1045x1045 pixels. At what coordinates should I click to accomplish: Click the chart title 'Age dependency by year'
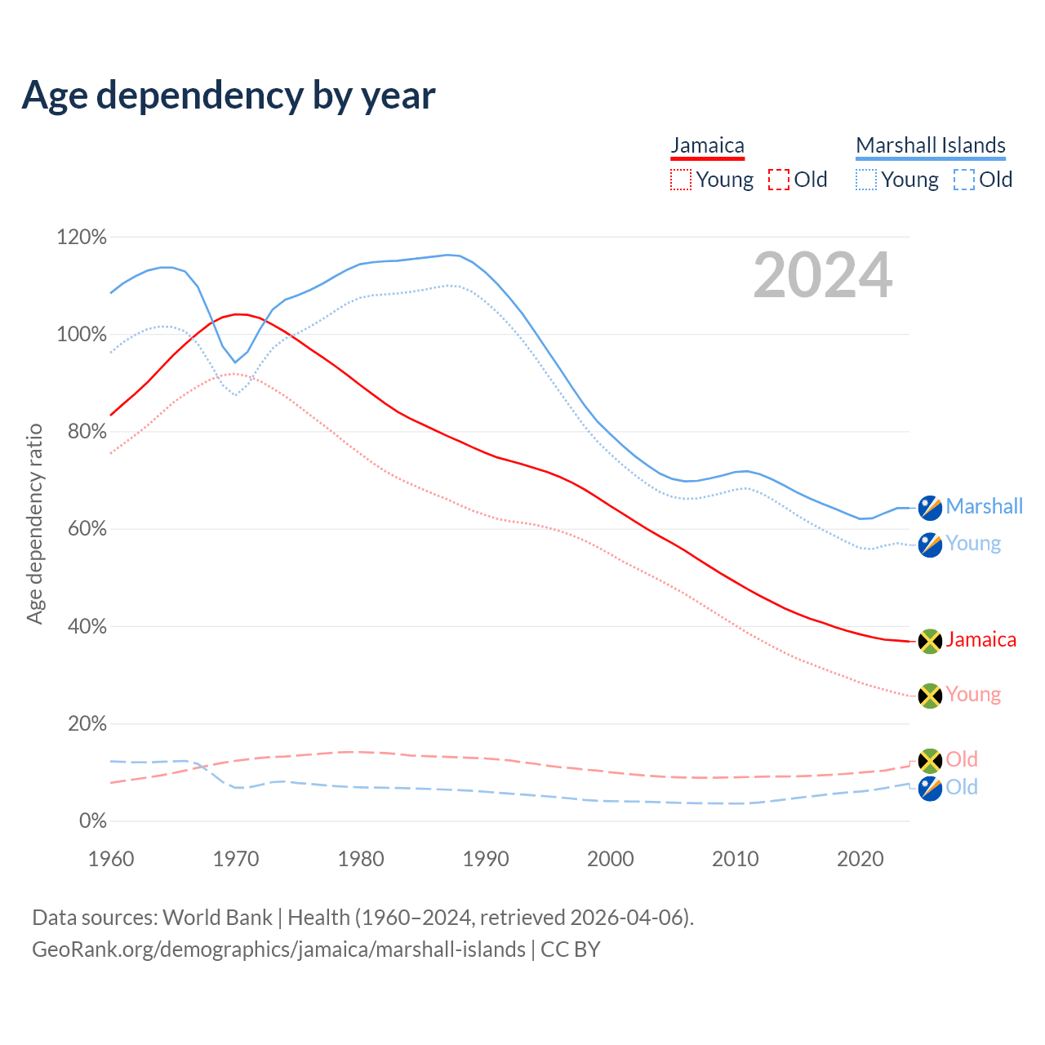pos(229,95)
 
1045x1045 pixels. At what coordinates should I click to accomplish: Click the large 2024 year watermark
pos(822,275)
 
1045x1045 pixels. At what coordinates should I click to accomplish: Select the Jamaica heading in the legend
pos(707,145)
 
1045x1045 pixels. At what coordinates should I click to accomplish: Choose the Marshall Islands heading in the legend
pos(930,145)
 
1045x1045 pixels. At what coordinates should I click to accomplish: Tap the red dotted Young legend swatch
pos(680,180)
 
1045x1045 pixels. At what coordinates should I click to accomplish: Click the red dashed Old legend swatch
pos(778,180)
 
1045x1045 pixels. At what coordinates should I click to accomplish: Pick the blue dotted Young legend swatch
pos(865,180)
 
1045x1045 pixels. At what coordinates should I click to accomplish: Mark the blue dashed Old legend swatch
pos(963,180)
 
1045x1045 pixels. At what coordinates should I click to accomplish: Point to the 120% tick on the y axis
pos(82,238)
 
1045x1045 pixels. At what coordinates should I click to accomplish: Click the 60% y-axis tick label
pos(87,529)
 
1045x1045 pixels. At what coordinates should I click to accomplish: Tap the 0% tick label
pos(92,821)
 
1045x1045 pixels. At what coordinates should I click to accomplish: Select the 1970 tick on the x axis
pos(236,859)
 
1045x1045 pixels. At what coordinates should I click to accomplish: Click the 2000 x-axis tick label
pos(611,859)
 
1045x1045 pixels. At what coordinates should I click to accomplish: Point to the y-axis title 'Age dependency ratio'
pos(34,523)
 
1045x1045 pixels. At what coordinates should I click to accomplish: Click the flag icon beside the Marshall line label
pos(930,508)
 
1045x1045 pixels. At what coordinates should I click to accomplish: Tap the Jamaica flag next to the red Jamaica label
pos(930,641)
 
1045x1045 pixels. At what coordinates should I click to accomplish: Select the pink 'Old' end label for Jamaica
pos(962,759)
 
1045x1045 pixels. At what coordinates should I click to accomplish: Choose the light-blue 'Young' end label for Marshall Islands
pos(973,544)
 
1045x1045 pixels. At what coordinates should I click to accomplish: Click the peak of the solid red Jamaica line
pos(238,314)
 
